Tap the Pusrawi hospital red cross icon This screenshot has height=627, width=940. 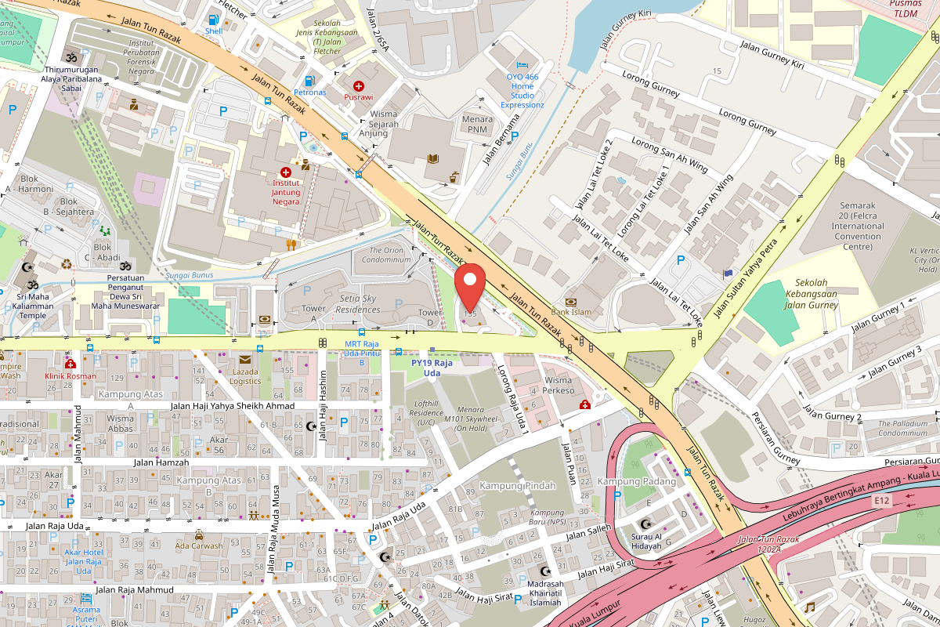[358, 85]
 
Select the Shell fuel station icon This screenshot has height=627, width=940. [213, 19]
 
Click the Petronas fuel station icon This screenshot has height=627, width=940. [310, 80]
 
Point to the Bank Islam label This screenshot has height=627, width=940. [572, 312]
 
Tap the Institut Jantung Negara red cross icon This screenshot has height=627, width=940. [285, 172]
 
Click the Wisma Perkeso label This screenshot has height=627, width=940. [559, 385]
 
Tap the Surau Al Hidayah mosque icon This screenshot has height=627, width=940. [645, 523]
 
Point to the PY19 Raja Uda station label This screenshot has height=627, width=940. [432, 368]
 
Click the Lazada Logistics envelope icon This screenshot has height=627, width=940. [245, 359]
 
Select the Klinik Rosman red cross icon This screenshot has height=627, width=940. [70, 364]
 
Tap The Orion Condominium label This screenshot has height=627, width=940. [385, 255]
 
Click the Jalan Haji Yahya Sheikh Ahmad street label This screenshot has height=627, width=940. [233, 406]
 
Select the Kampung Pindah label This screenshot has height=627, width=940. [518, 486]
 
